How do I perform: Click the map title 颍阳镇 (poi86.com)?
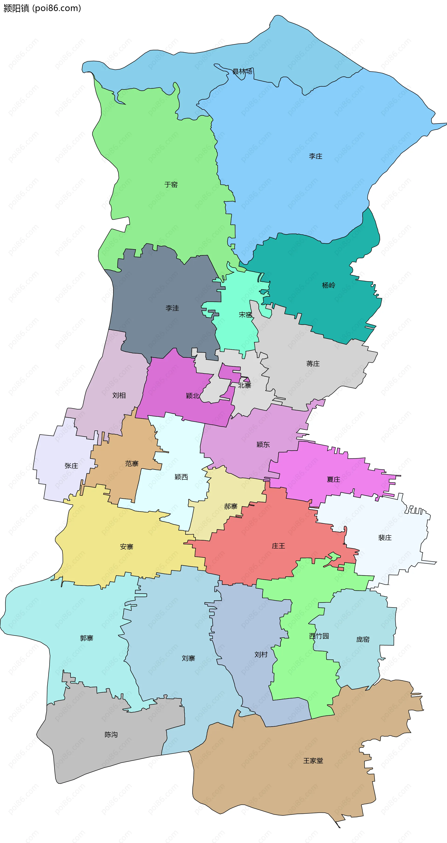click(x=42, y=8)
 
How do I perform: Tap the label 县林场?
click(x=242, y=71)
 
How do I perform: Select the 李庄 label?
click(x=315, y=156)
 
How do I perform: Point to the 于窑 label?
click(x=171, y=184)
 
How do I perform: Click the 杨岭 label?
click(x=328, y=285)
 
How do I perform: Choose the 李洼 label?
click(x=172, y=308)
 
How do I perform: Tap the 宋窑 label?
click(x=245, y=314)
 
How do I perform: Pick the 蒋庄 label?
click(x=313, y=364)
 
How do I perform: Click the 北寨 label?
click(x=245, y=385)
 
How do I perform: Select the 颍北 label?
click(x=192, y=396)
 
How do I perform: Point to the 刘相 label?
click(x=119, y=395)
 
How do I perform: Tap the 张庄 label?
click(x=71, y=465)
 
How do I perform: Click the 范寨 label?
click(x=132, y=463)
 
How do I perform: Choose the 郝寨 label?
click(x=230, y=506)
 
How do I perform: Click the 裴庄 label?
click(x=385, y=537)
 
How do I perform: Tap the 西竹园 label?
click(x=319, y=636)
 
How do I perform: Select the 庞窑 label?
click(x=363, y=639)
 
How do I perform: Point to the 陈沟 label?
click(x=111, y=734)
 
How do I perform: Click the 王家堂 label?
click(x=313, y=761)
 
